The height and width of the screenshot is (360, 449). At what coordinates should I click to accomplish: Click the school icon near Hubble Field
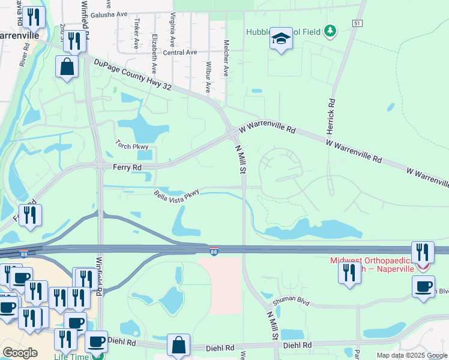(x=280, y=39)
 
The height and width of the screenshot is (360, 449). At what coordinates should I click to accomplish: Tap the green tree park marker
(x=329, y=31)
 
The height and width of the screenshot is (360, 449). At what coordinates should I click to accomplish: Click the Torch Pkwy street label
(x=131, y=146)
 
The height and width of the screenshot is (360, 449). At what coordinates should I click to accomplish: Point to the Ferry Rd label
(x=126, y=167)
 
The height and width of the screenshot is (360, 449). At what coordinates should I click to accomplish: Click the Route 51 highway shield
(x=357, y=23)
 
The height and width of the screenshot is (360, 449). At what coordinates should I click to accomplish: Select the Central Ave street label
(x=180, y=53)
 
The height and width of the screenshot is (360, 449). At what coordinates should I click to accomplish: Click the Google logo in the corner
(x=20, y=353)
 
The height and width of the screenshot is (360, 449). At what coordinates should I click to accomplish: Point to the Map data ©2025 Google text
(x=412, y=355)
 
